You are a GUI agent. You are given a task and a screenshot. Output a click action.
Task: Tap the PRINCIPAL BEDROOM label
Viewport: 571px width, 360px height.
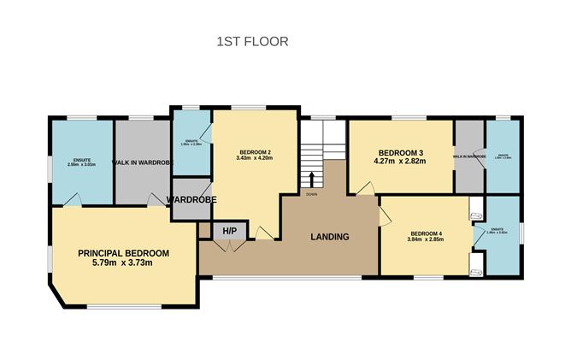(x=123, y=253)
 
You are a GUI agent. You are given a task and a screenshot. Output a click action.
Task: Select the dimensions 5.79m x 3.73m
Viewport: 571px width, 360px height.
(x=123, y=264)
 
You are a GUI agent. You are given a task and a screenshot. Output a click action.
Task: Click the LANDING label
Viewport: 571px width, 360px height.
(x=329, y=237)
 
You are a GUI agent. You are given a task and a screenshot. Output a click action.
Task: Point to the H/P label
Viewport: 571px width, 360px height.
(x=229, y=231)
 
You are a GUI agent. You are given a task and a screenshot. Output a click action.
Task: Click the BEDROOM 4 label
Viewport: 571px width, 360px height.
(x=426, y=234)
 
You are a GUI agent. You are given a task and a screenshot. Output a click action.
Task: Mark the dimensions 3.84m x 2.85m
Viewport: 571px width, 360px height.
(x=426, y=242)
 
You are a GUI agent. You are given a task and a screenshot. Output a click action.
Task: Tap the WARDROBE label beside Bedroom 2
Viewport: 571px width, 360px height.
(x=191, y=199)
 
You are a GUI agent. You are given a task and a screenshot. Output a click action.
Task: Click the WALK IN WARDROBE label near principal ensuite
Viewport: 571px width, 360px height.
(x=143, y=162)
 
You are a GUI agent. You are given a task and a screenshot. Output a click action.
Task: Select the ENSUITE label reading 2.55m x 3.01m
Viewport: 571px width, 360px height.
(x=82, y=162)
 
